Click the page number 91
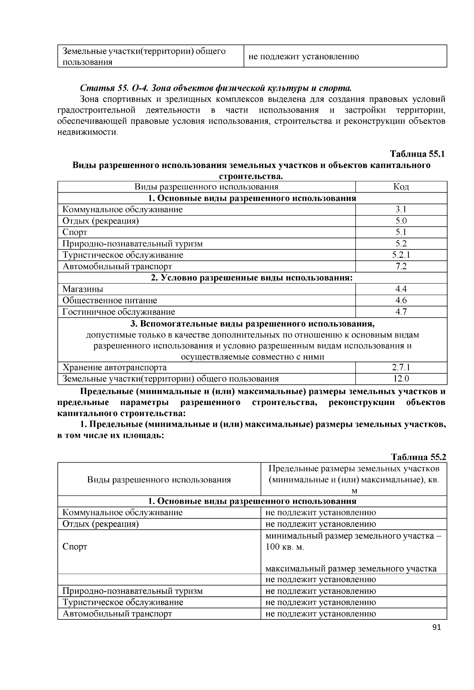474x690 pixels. (x=436, y=628)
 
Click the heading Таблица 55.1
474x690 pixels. (x=417, y=154)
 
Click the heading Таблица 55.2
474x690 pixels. (x=418, y=457)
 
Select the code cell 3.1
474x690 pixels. (x=401, y=210)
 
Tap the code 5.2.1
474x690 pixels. (x=401, y=255)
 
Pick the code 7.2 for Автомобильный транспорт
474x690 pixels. (x=401, y=266)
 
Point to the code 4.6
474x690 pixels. (x=401, y=300)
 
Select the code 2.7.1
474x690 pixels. (x=401, y=367)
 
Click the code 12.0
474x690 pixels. (x=401, y=379)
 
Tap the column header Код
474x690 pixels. (x=401, y=187)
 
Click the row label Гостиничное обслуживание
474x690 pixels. (x=118, y=312)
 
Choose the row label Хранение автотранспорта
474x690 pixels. (x=115, y=367)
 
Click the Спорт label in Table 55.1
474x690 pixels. (x=75, y=232)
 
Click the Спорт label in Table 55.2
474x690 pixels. (x=75, y=547)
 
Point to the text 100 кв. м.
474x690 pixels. (x=284, y=547)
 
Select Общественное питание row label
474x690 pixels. (x=110, y=300)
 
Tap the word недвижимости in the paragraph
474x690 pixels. (x=87, y=132)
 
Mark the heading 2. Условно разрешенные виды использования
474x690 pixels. (x=252, y=278)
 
